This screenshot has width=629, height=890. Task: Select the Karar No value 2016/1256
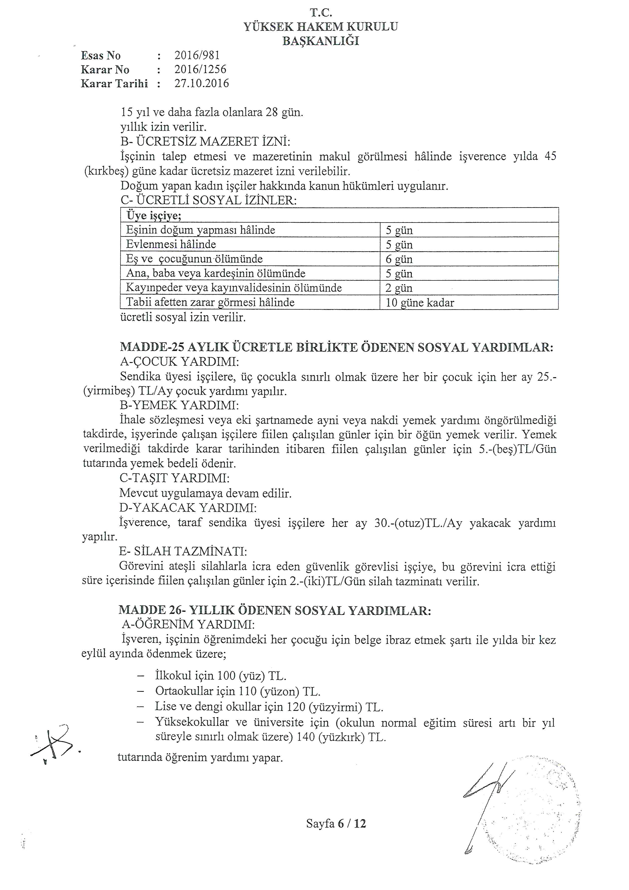[200, 69]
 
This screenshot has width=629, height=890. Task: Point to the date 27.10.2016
[201, 83]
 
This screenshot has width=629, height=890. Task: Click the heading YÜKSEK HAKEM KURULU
[320, 27]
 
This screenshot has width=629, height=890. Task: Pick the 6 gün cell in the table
[399, 259]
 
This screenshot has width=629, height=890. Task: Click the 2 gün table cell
[399, 288]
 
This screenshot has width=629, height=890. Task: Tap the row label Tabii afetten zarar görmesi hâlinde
[210, 302]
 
